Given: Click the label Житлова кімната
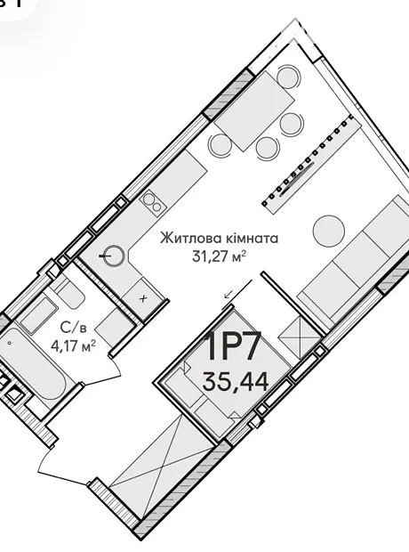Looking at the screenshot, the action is (x=219, y=239).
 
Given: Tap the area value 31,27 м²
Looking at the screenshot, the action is (x=219, y=256).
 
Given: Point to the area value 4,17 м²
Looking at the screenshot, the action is (x=74, y=345).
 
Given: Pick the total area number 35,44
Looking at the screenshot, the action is (x=236, y=381).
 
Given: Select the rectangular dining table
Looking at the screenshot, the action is (x=254, y=111).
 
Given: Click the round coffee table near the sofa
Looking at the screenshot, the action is (x=329, y=231).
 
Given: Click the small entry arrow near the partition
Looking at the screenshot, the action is (x=229, y=293).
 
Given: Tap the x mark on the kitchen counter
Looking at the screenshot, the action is (x=143, y=299).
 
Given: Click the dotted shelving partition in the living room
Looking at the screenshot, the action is (x=308, y=164).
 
